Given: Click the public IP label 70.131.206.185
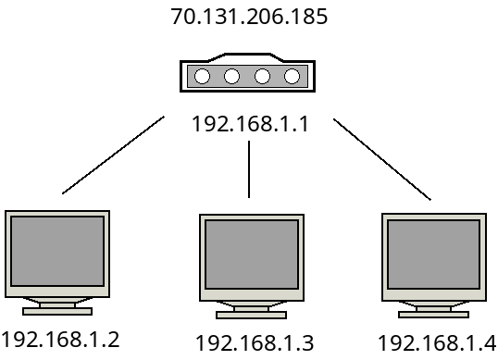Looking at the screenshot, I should [250, 17].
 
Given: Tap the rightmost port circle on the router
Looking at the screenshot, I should [292, 76].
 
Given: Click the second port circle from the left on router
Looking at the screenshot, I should [231, 76].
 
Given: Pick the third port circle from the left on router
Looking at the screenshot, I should [262, 76].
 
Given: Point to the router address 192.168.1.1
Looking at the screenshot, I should [249, 122].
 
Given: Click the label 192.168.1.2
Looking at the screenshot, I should [61, 338].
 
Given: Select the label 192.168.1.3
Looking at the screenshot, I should [255, 342].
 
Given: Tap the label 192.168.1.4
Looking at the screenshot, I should [437, 341].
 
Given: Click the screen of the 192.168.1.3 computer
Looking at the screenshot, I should [251, 256].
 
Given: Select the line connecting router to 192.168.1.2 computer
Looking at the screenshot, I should [113, 155].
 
